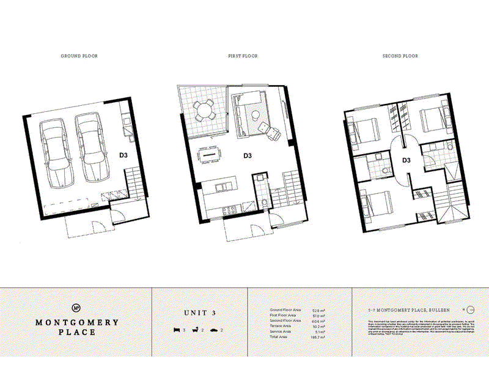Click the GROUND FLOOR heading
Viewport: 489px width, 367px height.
tap(79, 56)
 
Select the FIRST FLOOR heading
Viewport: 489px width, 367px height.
tap(243, 56)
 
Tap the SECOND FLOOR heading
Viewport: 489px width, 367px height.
tap(400, 56)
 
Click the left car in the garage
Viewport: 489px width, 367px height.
tap(54, 150)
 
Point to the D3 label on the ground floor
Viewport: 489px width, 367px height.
tap(123, 155)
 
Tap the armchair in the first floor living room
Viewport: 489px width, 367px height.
tap(268, 129)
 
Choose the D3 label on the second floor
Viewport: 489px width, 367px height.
tap(405, 161)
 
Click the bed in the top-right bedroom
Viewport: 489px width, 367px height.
tap(435, 120)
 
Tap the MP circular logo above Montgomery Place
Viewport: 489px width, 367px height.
tap(76, 308)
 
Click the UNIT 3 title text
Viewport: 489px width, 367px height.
tap(200, 313)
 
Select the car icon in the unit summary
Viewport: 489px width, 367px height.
tap(213, 330)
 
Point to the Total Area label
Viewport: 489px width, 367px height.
tap(281, 337)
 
